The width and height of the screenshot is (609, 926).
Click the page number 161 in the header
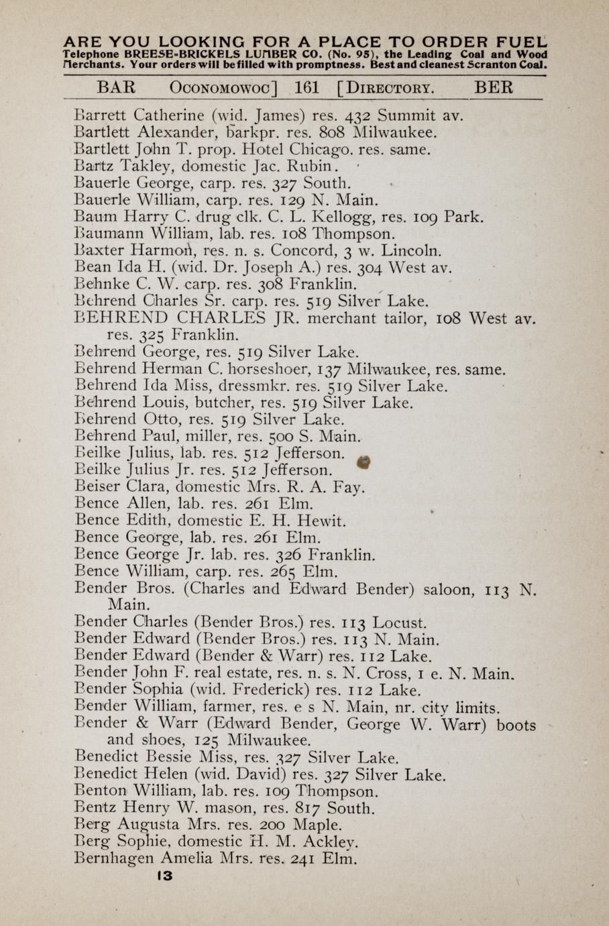point(307,88)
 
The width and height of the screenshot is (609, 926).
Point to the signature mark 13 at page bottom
point(164,876)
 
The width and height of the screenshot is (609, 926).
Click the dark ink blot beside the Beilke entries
point(364,463)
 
